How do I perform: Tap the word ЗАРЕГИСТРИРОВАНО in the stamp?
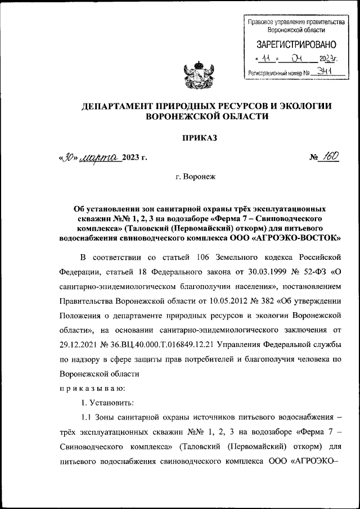point(296,44)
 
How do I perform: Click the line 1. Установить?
point(107,402)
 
